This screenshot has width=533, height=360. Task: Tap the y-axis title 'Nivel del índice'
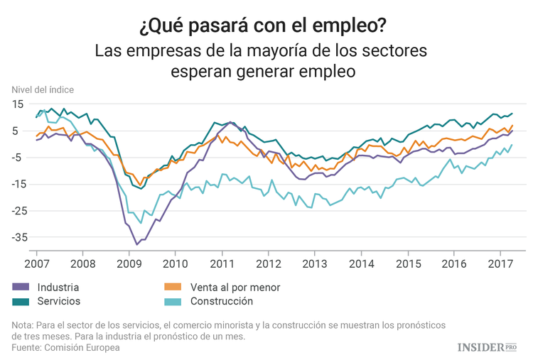[x=43, y=89]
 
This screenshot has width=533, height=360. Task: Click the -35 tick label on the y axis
[x=16, y=238]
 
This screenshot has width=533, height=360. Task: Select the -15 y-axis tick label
[x=16, y=185]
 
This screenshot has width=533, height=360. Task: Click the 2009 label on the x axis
[x=129, y=263]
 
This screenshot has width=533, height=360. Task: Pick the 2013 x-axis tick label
[x=316, y=263]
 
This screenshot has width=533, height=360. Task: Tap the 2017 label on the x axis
[x=502, y=263]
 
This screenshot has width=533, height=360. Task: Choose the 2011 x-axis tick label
[x=222, y=263]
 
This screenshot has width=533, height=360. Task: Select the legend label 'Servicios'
[x=58, y=302]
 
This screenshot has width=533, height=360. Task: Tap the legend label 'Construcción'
[x=222, y=302]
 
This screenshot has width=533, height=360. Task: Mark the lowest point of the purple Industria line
[x=137, y=244]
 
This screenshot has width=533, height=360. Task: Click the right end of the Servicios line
[x=512, y=114]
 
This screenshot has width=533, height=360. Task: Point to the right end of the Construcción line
[x=512, y=146]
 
